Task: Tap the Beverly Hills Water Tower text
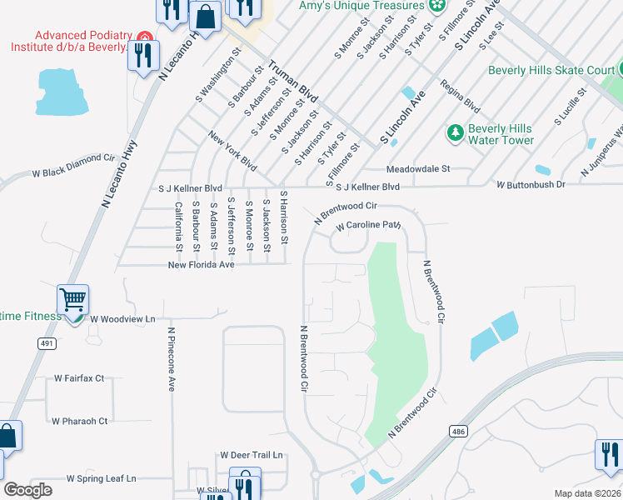click(500, 134)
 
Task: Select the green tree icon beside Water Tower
click(455, 132)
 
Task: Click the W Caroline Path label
click(369, 225)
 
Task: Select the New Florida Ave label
click(201, 265)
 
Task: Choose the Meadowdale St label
click(417, 168)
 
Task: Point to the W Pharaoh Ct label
click(80, 421)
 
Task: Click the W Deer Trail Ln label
click(252, 455)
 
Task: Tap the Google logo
click(27, 490)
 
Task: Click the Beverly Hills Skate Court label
click(551, 70)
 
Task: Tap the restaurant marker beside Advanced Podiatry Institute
click(143, 55)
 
